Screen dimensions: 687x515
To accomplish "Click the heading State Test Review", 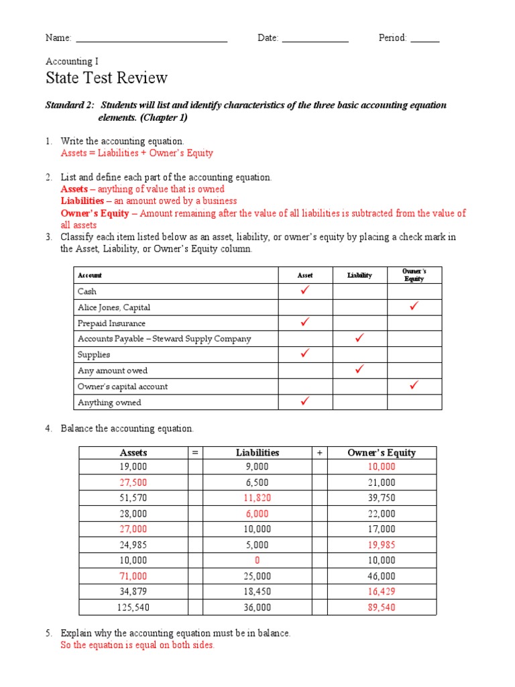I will click(106, 78).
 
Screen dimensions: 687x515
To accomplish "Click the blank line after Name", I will click(152, 40).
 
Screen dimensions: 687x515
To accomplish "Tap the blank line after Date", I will click(315, 40).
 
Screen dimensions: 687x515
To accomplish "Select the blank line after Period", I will click(424, 40).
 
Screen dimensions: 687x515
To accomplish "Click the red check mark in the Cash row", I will click(306, 290).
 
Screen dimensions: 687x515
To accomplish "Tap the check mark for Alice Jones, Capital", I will click(414, 307).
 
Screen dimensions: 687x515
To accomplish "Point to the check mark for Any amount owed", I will click(359, 370).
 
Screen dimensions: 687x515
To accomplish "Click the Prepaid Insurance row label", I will click(111, 323).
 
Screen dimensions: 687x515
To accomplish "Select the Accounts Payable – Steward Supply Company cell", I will click(164, 339).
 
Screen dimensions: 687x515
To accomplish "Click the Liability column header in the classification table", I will click(359, 275).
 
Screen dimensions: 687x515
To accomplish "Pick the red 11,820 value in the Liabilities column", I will click(257, 498).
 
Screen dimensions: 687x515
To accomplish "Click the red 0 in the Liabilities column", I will click(257, 560).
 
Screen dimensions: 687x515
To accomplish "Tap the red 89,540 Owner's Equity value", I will click(381, 607).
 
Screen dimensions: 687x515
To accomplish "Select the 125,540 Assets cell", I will click(133, 607).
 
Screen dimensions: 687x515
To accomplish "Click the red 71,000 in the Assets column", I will click(133, 576).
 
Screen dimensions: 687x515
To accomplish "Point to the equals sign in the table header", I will click(195, 453).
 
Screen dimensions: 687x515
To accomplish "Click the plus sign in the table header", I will click(319, 453).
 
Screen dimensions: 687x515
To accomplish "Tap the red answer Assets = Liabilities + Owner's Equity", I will click(137, 153).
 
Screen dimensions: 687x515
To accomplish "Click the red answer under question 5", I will click(137, 645).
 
